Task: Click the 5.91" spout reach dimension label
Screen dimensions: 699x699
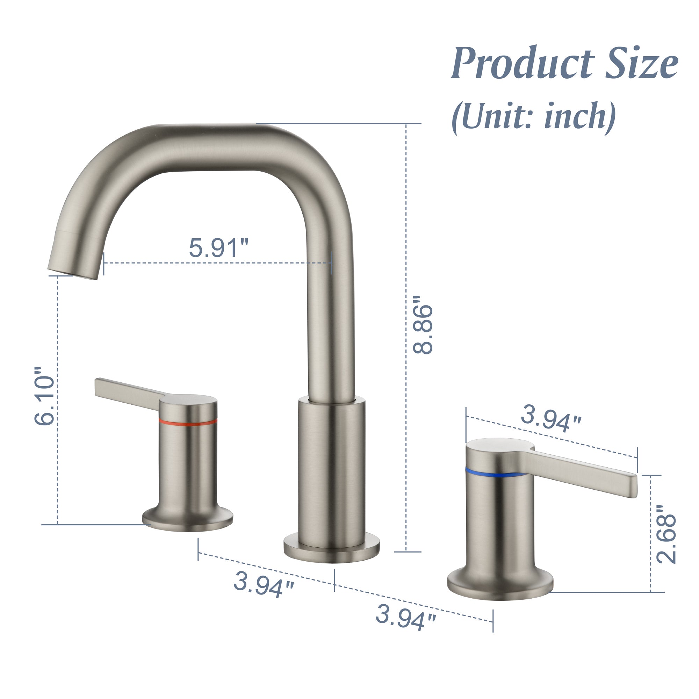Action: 218,248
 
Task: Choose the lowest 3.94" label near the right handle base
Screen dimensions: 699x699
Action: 405,617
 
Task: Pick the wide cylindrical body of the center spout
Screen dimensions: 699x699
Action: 331,470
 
